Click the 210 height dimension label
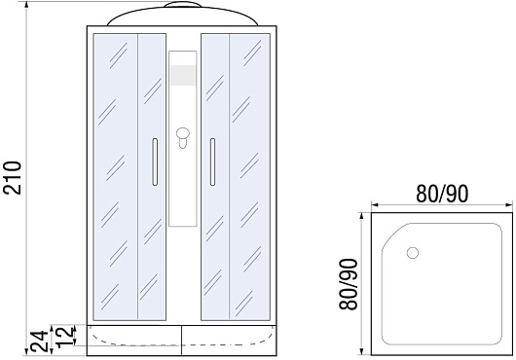pyautogui.click(x=12, y=177)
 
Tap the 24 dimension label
pyautogui.click(x=40, y=342)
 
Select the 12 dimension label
pyautogui.click(x=64, y=337)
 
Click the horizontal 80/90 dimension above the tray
pyautogui.click(x=442, y=194)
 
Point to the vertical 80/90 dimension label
pyautogui.click(x=349, y=284)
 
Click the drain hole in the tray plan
pyautogui.click(x=413, y=253)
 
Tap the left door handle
pyautogui.click(x=155, y=162)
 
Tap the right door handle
pyautogui.click(x=212, y=162)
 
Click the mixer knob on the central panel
pyautogui.click(x=183, y=137)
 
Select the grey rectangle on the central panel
pyautogui.click(x=183, y=75)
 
